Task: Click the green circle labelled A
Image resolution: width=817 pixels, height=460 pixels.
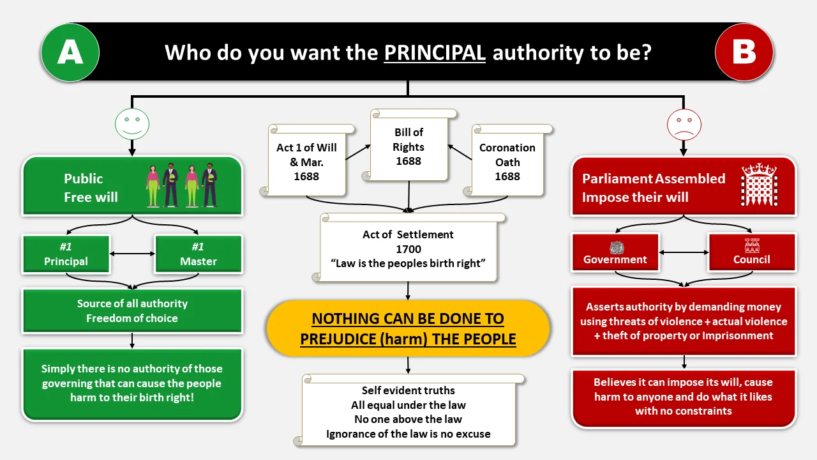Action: pos(70,52)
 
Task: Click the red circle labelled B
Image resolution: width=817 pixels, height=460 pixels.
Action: pos(744,52)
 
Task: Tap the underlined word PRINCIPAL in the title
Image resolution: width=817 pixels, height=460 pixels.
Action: pos(435,52)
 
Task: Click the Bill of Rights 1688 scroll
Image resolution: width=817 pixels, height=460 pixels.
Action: pos(408,147)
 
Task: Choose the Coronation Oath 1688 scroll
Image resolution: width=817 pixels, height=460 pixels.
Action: pos(507,162)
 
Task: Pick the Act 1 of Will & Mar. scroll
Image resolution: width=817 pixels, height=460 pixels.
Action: pos(306,162)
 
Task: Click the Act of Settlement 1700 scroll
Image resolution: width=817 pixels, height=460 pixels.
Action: pos(408,248)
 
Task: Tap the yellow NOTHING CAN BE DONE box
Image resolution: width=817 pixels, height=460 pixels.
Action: pos(408,328)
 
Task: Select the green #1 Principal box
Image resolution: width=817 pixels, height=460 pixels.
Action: pos(66,254)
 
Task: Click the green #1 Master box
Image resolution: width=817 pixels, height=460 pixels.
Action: pos(199,254)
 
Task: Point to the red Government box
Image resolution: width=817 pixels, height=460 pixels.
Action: pos(615,252)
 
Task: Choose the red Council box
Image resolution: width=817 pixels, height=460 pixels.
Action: pos(752,252)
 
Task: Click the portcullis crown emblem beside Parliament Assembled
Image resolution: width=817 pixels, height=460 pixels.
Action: pos(760,185)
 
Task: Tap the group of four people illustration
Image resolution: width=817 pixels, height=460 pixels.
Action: pos(183,185)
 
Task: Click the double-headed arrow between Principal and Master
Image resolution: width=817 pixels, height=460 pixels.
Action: pos(132,254)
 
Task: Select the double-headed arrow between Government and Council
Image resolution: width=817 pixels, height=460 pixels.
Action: pos(684,252)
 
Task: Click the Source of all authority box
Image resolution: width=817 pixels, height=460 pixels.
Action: pos(132,311)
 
